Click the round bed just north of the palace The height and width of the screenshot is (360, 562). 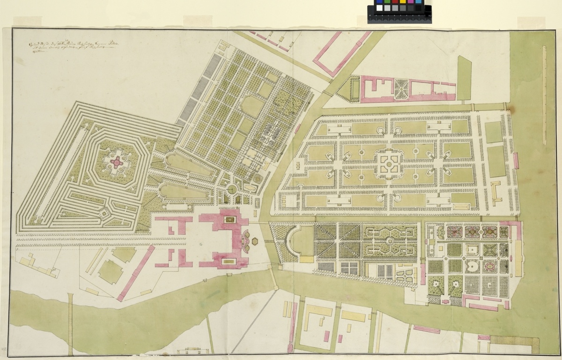pyautogui.click(x=231, y=189)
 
